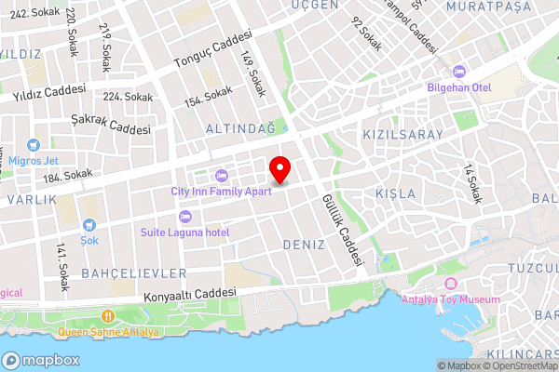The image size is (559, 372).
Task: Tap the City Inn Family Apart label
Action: point(221,191)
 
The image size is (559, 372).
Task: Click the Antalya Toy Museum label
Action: point(450,299)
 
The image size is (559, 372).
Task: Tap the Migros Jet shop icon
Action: point(34,145)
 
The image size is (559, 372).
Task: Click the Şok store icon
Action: point(89,224)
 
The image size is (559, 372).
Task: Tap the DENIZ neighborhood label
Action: point(302,244)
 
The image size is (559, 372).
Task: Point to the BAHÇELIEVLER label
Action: point(134,272)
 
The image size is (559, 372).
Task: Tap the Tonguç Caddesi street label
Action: point(212,51)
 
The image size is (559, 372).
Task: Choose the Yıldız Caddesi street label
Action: point(49,93)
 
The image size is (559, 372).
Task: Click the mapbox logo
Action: point(41,360)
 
